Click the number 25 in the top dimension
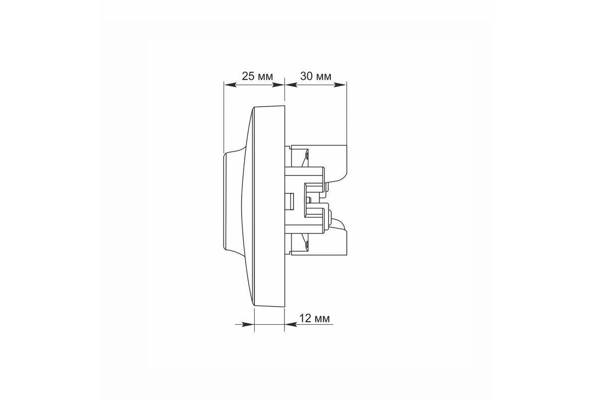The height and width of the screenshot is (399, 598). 248,76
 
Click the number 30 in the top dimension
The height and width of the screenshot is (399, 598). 306,76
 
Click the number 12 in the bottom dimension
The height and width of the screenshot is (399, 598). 305,318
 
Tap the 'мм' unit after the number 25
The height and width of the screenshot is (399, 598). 265,77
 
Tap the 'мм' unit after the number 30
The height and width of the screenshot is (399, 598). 323,77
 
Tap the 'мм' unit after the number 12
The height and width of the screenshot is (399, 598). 322,319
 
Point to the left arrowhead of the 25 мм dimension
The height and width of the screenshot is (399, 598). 230,85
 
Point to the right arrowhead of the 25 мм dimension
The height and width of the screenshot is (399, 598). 278,85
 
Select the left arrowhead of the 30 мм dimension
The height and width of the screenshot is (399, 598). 291,85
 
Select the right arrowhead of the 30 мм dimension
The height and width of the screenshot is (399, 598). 340,85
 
